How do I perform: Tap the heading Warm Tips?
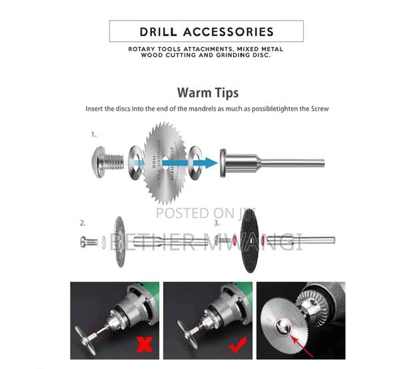coord(207,92)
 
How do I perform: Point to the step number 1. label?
coord(94,134)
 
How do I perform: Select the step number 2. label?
coord(82,223)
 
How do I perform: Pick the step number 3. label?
coord(217,223)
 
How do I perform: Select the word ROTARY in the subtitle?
coord(143,49)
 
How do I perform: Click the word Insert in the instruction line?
coord(97,108)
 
